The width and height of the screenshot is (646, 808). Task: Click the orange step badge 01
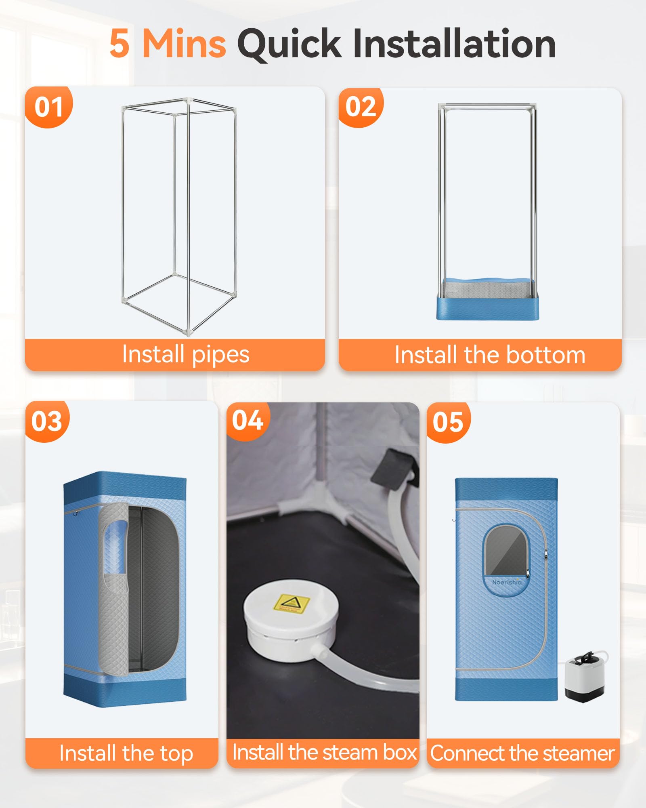tap(48, 107)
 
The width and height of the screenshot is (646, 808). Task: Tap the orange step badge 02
tap(361, 107)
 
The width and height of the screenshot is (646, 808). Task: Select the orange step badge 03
tap(47, 421)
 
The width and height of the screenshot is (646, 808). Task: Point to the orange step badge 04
tap(247, 421)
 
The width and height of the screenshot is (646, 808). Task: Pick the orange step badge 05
tap(448, 422)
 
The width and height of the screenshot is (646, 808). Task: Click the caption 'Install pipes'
tap(186, 355)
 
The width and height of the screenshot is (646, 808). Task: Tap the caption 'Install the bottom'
tap(490, 355)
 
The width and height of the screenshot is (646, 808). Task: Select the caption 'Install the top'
tap(126, 753)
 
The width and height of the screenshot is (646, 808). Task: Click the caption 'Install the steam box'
tap(324, 752)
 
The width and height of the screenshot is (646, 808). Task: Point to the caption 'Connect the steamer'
tap(522, 753)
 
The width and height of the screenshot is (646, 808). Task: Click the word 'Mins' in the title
tap(184, 44)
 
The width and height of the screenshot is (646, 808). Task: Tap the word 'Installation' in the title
tap(454, 44)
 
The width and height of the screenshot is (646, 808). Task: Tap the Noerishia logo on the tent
tap(507, 582)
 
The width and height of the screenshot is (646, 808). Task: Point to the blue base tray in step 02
tap(488, 299)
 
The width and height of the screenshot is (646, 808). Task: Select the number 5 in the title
tap(120, 44)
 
